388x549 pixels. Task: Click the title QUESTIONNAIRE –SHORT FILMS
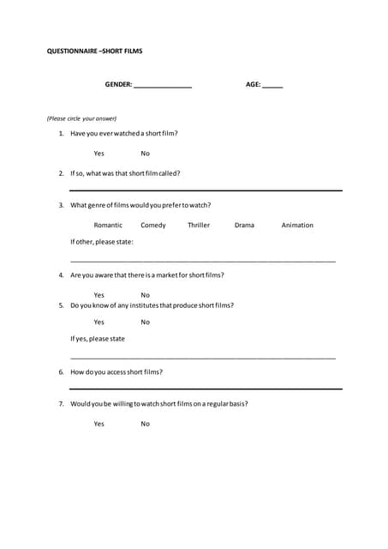click(94, 51)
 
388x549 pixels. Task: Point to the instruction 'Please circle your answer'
click(81, 118)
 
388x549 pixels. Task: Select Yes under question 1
click(99, 154)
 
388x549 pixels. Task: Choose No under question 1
click(145, 154)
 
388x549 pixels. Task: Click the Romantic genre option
click(108, 226)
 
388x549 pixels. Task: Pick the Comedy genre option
click(153, 226)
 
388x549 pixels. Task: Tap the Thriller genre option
click(199, 226)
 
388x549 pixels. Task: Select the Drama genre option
click(244, 226)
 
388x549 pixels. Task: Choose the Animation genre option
click(297, 226)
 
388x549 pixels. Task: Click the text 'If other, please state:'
click(102, 242)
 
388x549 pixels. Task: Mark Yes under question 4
click(99, 295)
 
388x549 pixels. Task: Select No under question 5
click(145, 323)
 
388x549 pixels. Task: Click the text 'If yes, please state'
click(98, 339)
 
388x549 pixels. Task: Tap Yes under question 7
click(99, 424)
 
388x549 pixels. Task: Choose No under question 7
click(145, 424)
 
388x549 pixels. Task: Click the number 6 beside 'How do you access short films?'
click(61, 372)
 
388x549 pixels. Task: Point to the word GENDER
click(118, 85)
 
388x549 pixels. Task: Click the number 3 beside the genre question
click(61, 205)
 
